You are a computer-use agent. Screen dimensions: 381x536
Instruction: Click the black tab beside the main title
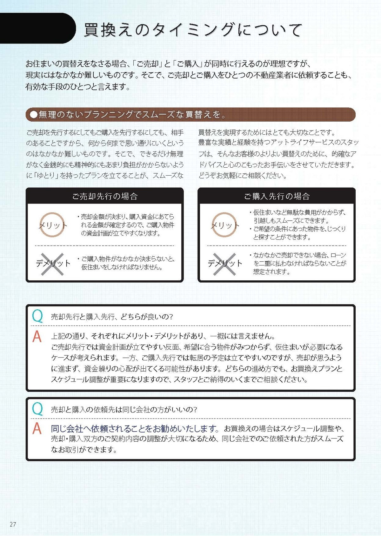point(37,28)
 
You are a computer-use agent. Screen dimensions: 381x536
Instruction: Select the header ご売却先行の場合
point(105,196)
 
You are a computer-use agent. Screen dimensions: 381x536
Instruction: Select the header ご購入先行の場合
point(277,196)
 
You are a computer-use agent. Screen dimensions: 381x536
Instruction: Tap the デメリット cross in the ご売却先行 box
point(52,264)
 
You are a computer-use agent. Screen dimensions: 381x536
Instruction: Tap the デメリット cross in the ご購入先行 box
point(224,264)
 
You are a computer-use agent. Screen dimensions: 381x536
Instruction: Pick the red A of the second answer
point(37,429)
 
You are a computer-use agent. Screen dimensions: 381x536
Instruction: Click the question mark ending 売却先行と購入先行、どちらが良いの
point(170,317)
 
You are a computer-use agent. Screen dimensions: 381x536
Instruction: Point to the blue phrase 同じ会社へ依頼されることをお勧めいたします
point(135,429)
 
